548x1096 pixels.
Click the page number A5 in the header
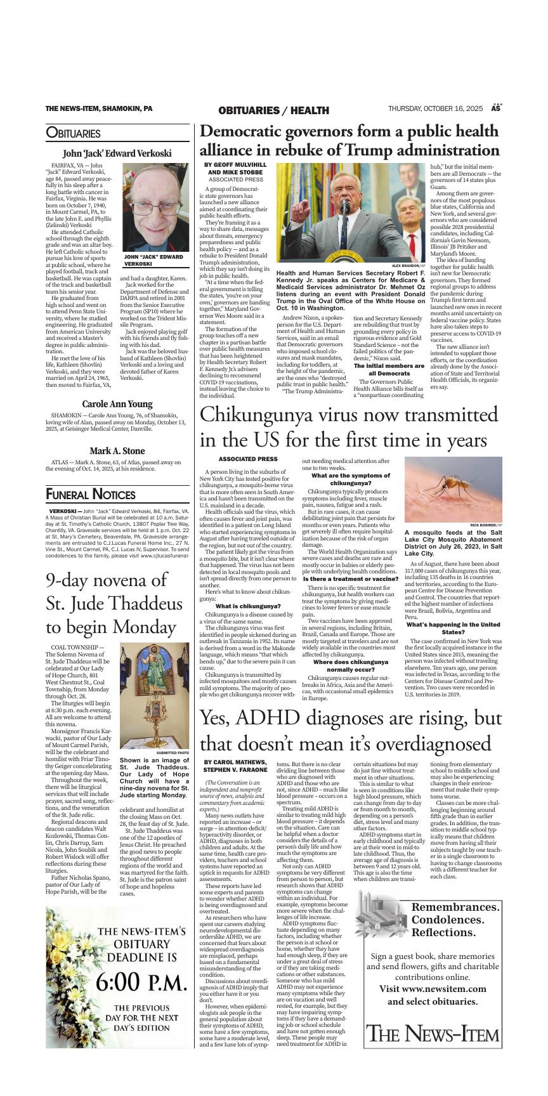click(496, 108)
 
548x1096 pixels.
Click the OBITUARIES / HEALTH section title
click(273, 110)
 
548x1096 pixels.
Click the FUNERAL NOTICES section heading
click(91, 495)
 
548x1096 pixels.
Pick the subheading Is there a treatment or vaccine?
click(350, 561)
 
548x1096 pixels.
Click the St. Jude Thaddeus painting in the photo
click(154, 678)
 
